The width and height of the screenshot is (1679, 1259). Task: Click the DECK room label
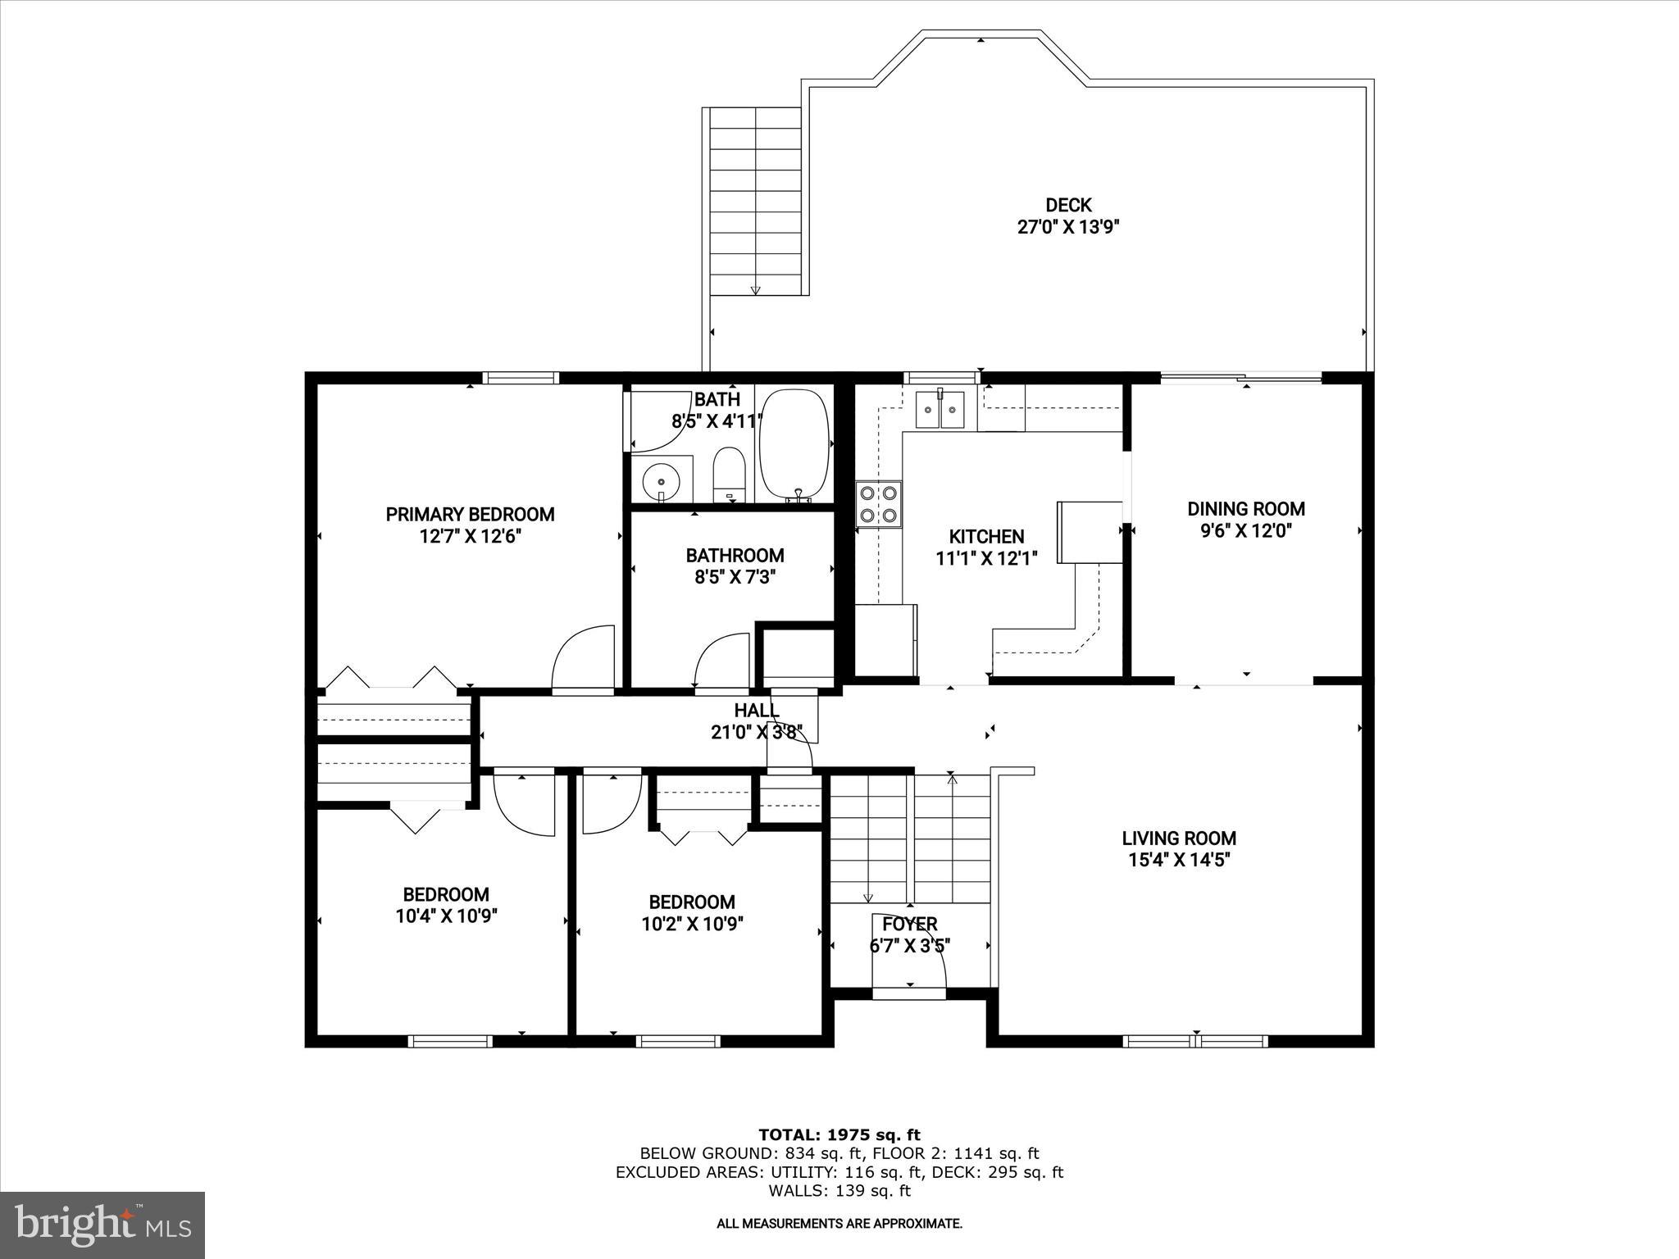point(1067,205)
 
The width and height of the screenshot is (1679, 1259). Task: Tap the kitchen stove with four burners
point(878,504)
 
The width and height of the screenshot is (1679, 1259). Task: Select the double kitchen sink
point(941,409)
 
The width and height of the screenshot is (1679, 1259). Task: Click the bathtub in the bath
point(794,444)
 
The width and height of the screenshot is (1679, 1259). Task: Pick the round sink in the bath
point(659,479)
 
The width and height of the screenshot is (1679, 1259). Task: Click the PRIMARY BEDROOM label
point(470,514)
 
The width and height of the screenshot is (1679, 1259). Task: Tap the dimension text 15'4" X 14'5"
point(1179,860)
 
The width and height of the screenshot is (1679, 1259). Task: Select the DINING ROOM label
point(1245,509)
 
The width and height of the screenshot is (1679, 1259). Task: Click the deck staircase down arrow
point(755,289)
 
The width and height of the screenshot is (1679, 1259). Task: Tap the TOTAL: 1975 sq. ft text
point(839,1134)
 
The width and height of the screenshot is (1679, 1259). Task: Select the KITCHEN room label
point(986,537)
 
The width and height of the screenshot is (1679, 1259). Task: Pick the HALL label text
point(756,710)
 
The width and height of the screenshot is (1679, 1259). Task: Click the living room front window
point(1195,1041)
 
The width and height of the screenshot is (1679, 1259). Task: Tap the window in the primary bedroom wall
point(521,378)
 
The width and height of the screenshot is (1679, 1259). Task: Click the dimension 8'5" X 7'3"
point(735,577)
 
